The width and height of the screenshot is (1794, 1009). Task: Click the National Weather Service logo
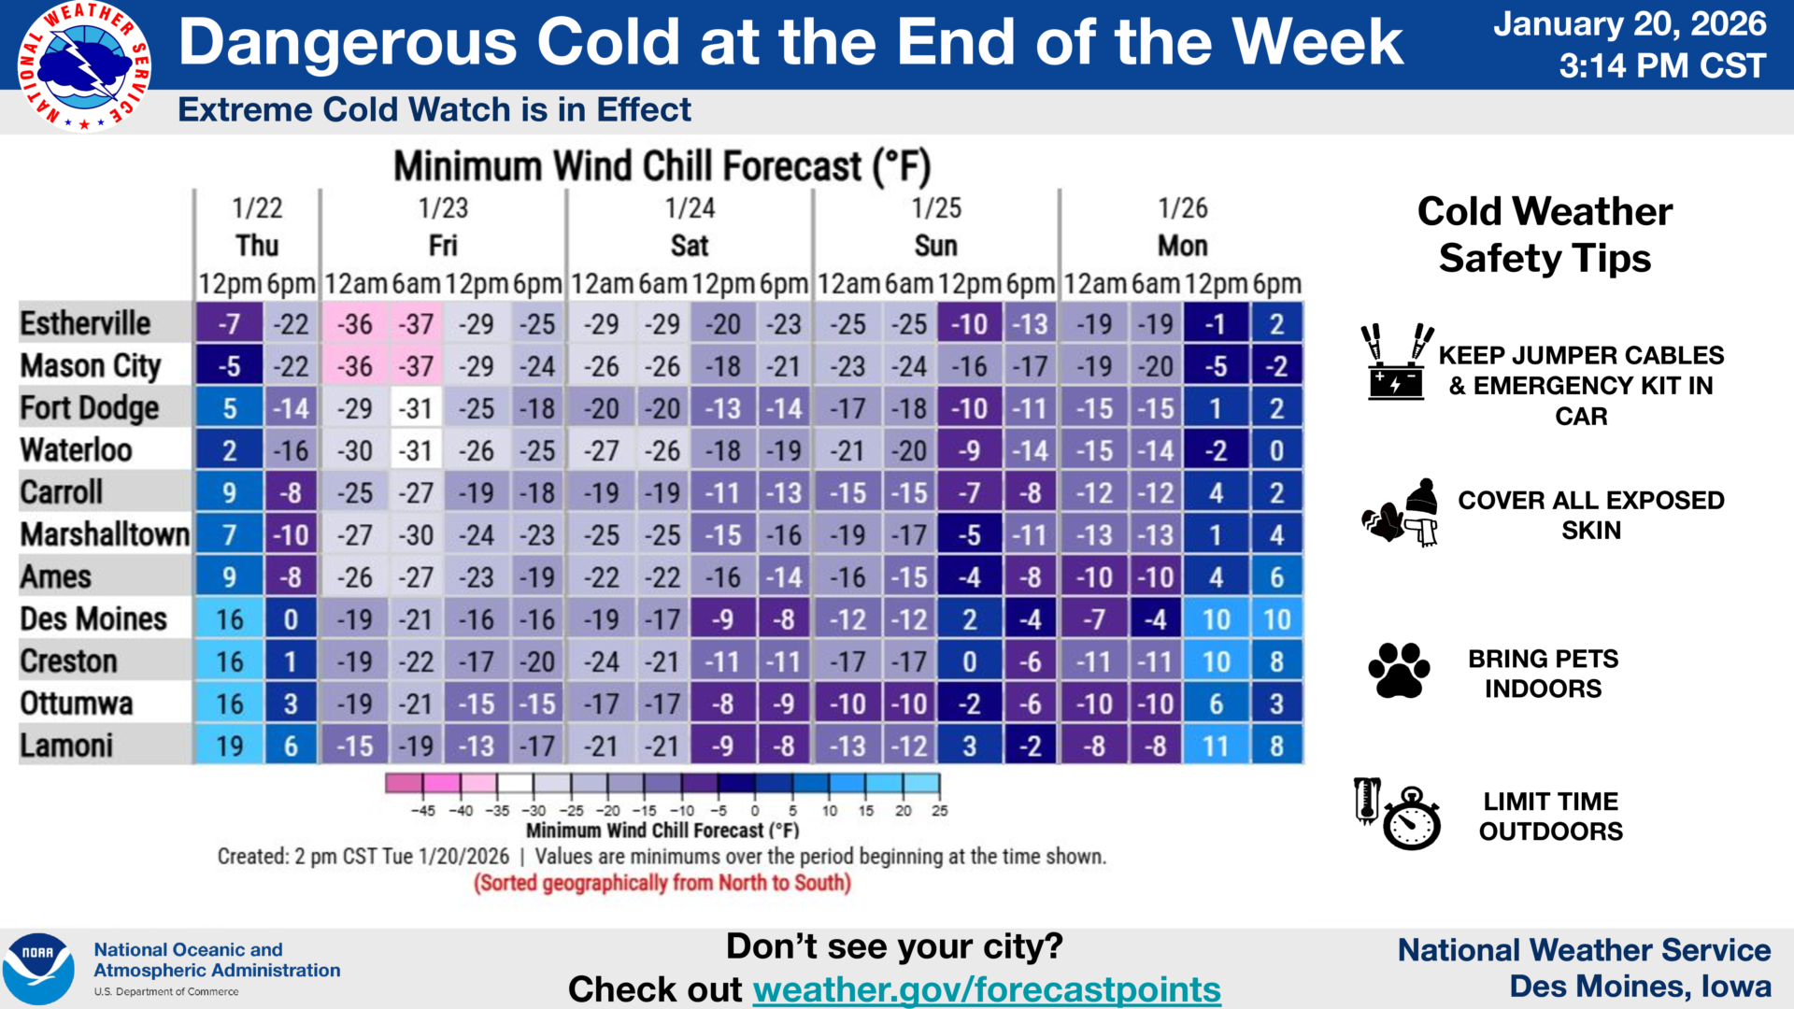tap(84, 65)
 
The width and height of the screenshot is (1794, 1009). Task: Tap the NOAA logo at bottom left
tap(38, 969)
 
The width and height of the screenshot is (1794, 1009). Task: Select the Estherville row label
tap(85, 323)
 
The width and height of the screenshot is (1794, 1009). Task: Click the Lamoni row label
tap(66, 746)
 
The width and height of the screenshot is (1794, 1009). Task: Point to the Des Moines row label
tap(93, 618)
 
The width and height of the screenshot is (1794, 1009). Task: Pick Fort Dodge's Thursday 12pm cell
tap(229, 408)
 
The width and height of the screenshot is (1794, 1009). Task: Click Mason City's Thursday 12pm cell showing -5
tap(229, 366)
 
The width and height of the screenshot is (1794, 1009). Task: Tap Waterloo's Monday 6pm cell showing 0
tap(1276, 450)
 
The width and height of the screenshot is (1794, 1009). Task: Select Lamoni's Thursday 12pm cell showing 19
tap(229, 746)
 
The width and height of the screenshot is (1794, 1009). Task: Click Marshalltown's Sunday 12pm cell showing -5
tap(970, 535)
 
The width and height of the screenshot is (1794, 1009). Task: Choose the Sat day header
tap(690, 246)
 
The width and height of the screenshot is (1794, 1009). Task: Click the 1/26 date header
tap(1183, 207)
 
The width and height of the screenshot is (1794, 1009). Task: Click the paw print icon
tap(1399, 670)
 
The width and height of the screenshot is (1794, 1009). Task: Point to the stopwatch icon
tap(1411, 818)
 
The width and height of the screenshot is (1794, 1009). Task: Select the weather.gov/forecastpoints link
tap(987, 988)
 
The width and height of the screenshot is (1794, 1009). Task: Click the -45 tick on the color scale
tap(423, 811)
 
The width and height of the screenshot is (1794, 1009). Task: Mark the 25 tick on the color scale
tap(939, 811)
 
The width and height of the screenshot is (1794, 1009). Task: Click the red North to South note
tap(662, 883)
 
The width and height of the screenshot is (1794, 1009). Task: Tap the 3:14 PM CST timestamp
tap(1662, 65)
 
